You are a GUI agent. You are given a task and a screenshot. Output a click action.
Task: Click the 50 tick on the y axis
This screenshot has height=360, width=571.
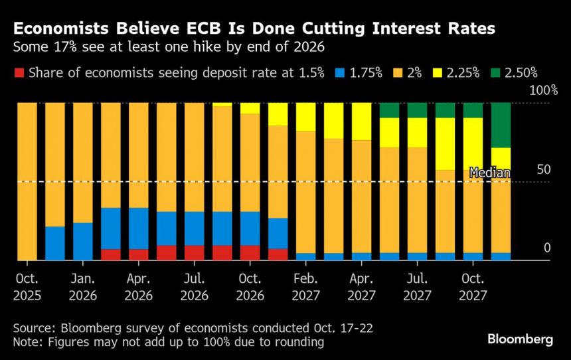(544, 169)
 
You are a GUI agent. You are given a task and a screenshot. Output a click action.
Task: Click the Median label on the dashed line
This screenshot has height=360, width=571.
(489, 173)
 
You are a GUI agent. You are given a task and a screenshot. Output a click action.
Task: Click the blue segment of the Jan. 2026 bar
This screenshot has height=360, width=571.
(83, 241)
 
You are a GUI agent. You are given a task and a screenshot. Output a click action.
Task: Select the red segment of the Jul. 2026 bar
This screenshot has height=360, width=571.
(195, 252)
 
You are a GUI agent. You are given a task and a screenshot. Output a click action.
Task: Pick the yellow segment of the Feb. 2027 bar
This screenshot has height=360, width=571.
(306, 117)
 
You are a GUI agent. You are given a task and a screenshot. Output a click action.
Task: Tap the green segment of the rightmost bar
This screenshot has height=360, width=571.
(501, 125)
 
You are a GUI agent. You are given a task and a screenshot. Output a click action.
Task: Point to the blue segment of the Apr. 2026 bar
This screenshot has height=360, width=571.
(139, 228)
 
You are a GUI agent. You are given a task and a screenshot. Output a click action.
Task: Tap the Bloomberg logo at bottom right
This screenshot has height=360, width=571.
(520, 339)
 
